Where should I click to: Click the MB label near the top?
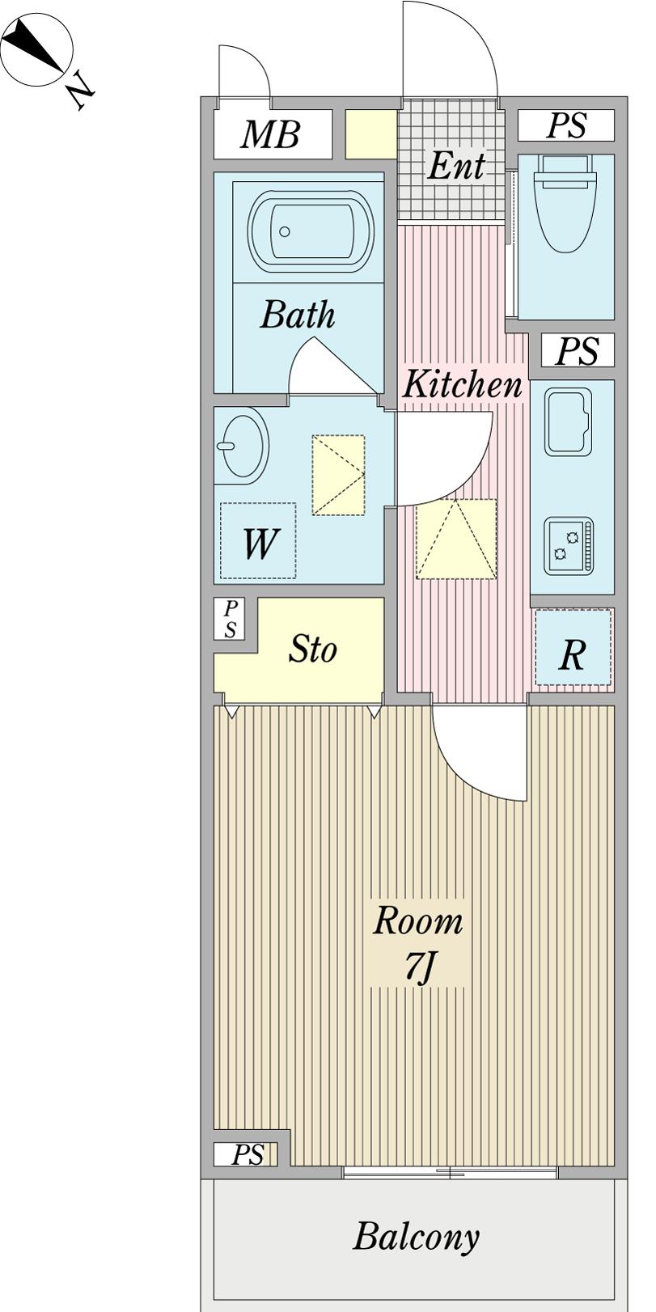click(x=271, y=134)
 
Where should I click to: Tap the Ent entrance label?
click(x=456, y=166)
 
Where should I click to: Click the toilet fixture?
click(x=565, y=203)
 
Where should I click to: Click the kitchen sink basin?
click(x=568, y=421)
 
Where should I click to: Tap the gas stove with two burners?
click(x=568, y=545)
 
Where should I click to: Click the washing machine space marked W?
click(x=258, y=540)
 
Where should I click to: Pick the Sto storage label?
click(x=312, y=649)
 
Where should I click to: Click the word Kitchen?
click(x=462, y=384)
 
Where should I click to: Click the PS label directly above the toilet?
click(x=566, y=125)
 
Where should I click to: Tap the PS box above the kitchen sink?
click(x=577, y=350)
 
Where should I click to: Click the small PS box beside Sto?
click(x=229, y=619)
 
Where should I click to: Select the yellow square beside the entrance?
click(x=371, y=134)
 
